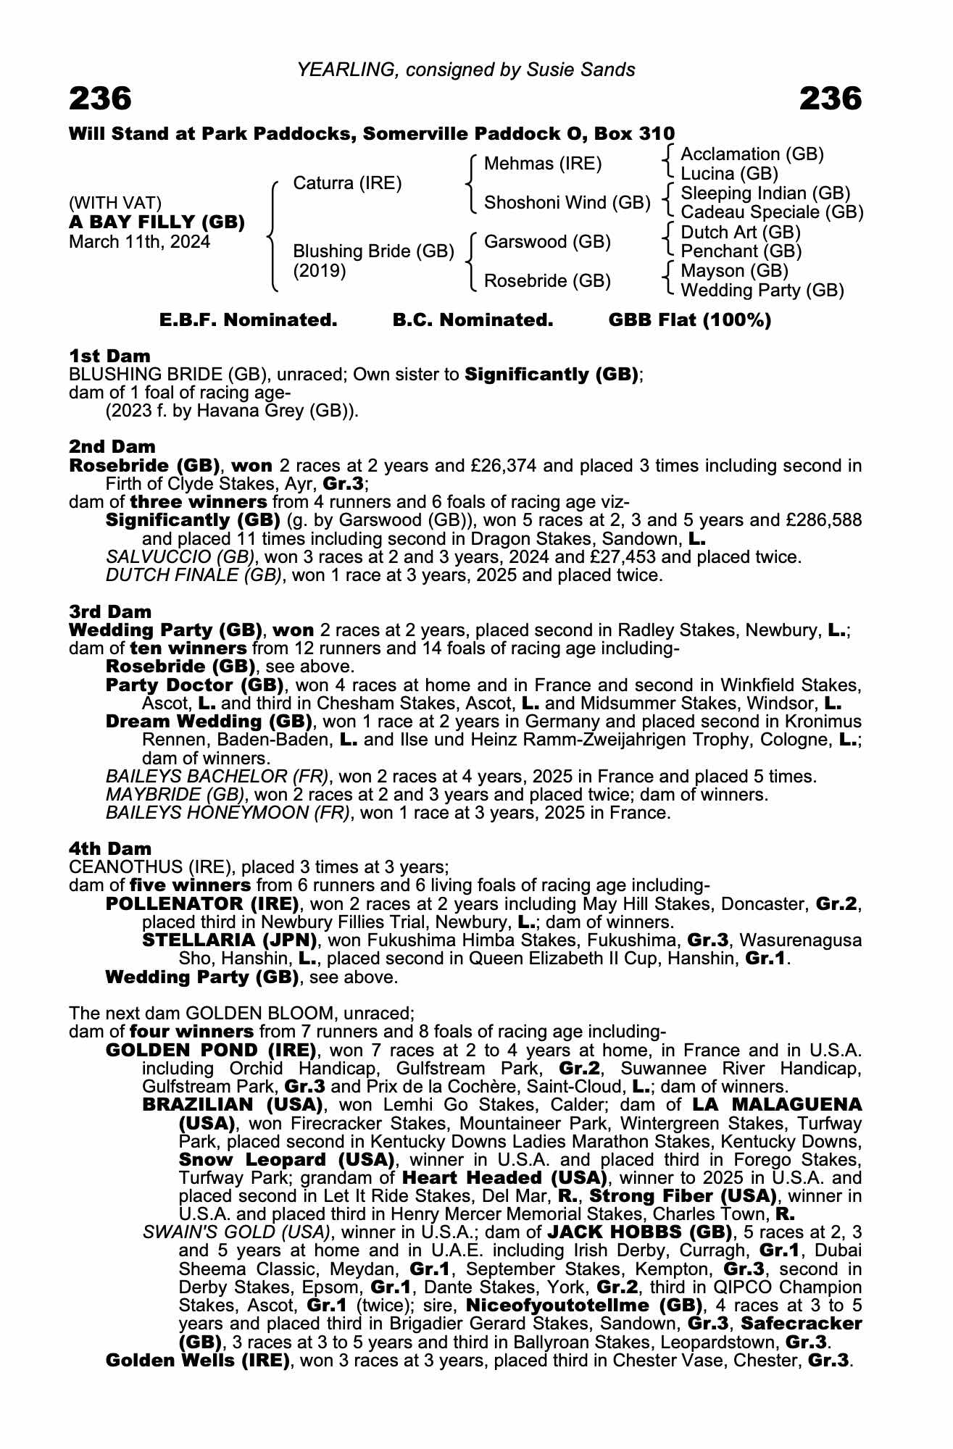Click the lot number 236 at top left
pyautogui.click(x=100, y=99)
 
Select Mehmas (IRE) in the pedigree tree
pyautogui.click(x=542, y=164)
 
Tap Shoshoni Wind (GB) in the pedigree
pyautogui.click(x=567, y=203)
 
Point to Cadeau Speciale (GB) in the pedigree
pyautogui.click(x=772, y=212)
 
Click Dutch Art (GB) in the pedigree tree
pyautogui.click(x=741, y=233)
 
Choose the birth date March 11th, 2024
pyautogui.click(x=139, y=242)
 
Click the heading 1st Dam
pyautogui.click(x=109, y=356)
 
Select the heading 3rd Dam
pyautogui.click(x=110, y=611)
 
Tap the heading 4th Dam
pyautogui.click(x=110, y=848)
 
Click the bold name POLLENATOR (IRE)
pyautogui.click(x=202, y=903)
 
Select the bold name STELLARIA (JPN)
pyautogui.click(x=230, y=940)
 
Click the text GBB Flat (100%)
pyautogui.click(x=689, y=320)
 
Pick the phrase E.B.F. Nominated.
pyautogui.click(x=248, y=320)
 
